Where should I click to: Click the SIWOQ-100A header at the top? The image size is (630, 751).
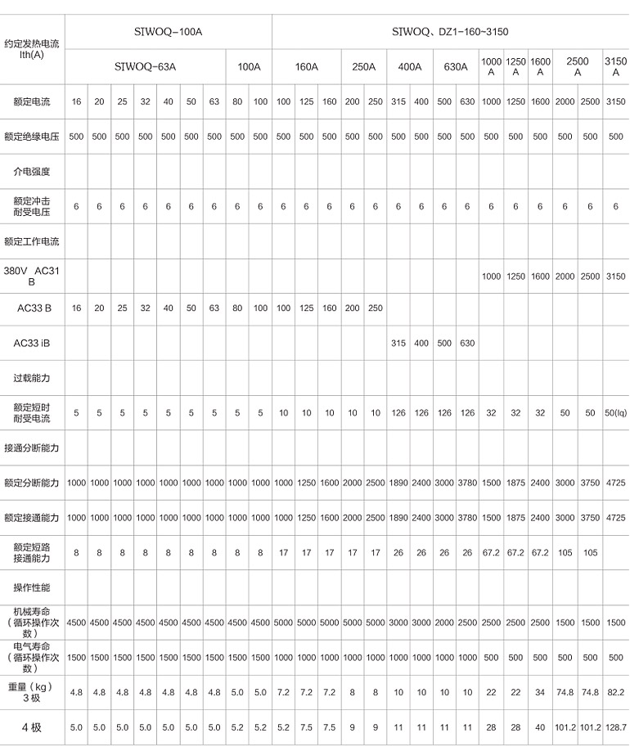(x=168, y=32)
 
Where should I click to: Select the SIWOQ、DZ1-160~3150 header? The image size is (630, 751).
(x=450, y=32)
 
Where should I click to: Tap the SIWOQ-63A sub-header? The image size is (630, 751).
(x=146, y=67)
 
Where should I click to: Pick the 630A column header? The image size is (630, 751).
(x=456, y=67)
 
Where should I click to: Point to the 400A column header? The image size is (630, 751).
(x=410, y=67)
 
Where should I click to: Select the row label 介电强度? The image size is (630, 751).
(x=32, y=172)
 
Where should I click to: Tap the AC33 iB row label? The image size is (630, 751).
(x=32, y=344)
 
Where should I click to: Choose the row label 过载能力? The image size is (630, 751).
(x=32, y=379)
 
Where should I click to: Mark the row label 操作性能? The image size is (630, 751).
(x=32, y=587)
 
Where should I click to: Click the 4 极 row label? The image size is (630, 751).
(x=32, y=727)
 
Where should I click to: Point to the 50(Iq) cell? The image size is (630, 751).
(x=615, y=413)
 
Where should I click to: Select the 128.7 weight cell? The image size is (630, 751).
(x=615, y=727)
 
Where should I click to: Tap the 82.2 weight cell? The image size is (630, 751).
(x=615, y=692)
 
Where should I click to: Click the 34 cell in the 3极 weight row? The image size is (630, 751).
(x=540, y=692)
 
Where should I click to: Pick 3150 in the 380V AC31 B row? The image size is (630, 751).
(x=615, y=277)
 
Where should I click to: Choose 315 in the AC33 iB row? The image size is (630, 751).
(x=398, y=344)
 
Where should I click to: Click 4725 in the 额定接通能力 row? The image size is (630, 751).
(x=615, y=518)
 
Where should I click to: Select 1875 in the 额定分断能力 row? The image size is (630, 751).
(x=515, y=483)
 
